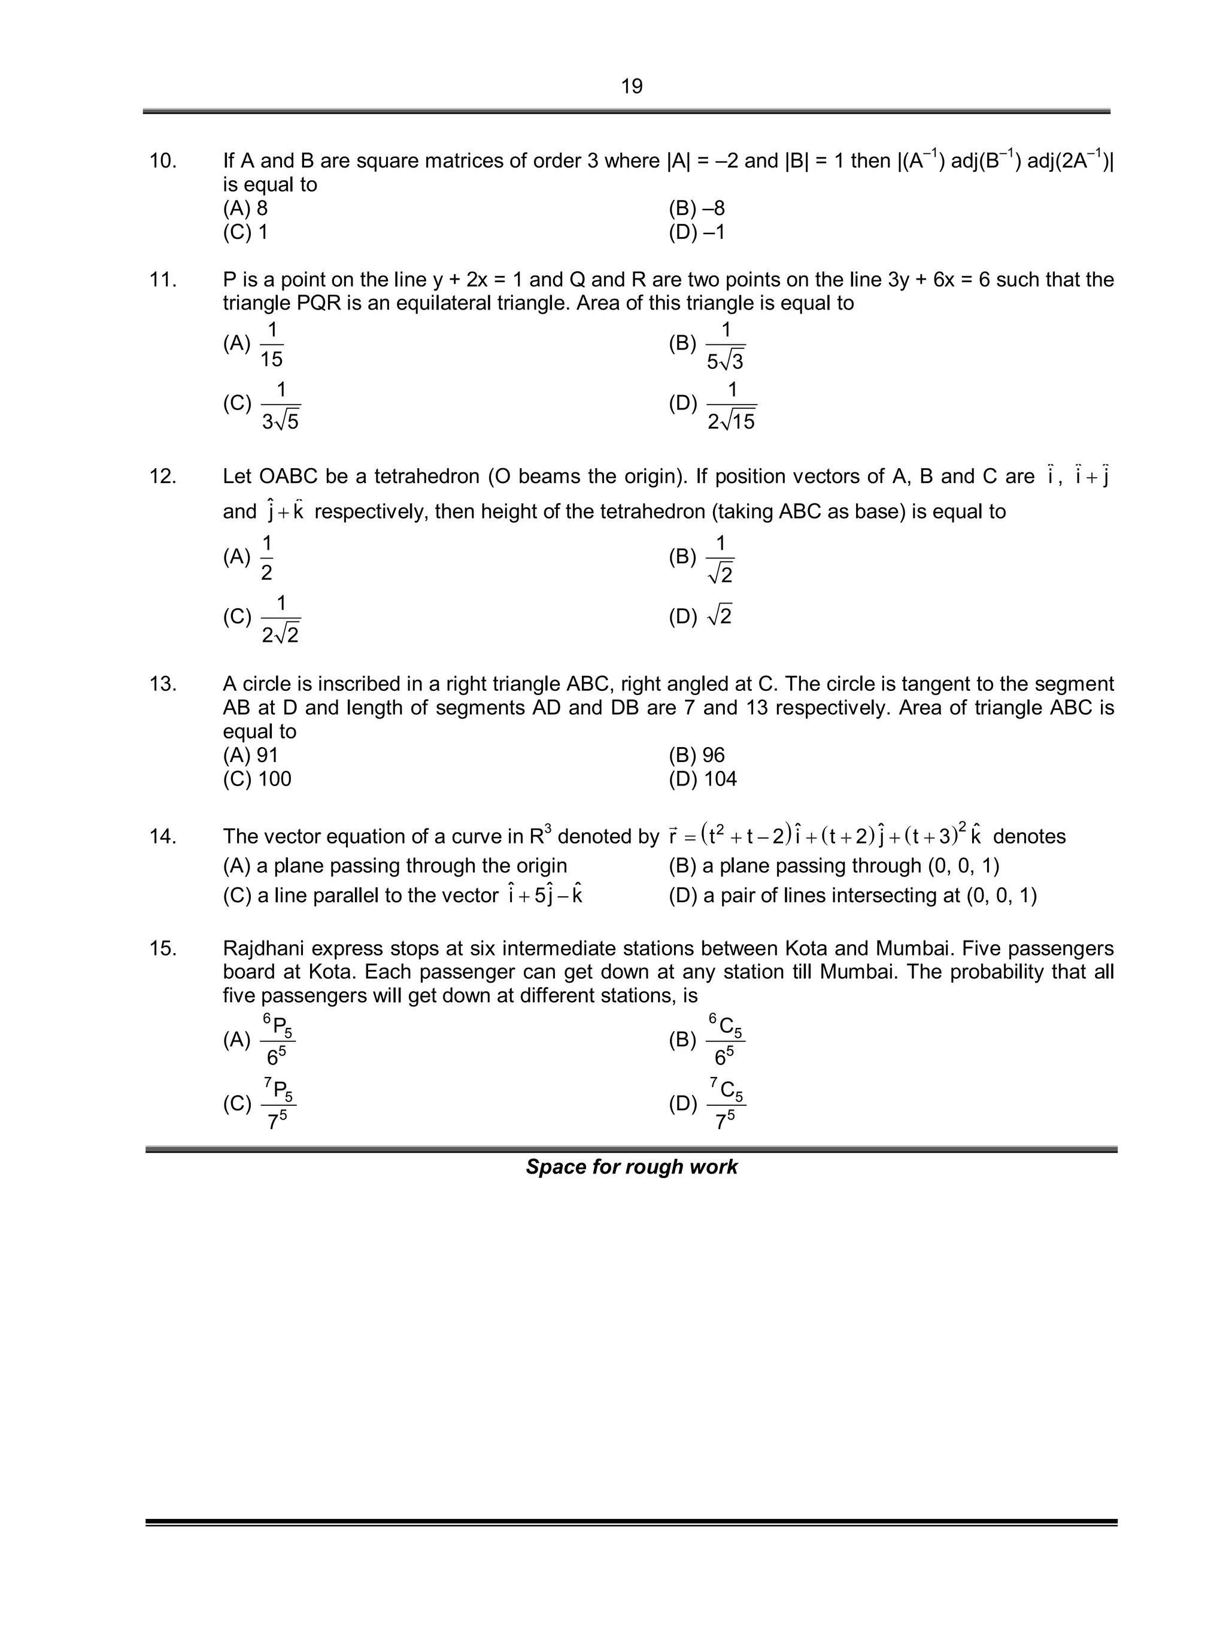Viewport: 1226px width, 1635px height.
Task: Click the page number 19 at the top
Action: [631, 86]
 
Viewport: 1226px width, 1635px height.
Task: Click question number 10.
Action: [163, 161]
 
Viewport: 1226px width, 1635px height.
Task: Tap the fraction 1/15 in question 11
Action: [271, 344]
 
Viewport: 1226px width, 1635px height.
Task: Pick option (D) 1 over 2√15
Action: [731, 405]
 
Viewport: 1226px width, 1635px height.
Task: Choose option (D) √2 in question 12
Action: [700, 615]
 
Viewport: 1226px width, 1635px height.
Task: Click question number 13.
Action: [163, 684]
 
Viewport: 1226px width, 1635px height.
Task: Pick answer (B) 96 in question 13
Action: [696, 756]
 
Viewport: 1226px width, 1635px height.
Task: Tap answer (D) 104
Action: [702, 779]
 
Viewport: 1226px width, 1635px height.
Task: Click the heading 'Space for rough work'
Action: [631, 1167]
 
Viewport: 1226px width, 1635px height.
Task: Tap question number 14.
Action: [163, 837]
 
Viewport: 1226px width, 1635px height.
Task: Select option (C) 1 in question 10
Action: [245, 233]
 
